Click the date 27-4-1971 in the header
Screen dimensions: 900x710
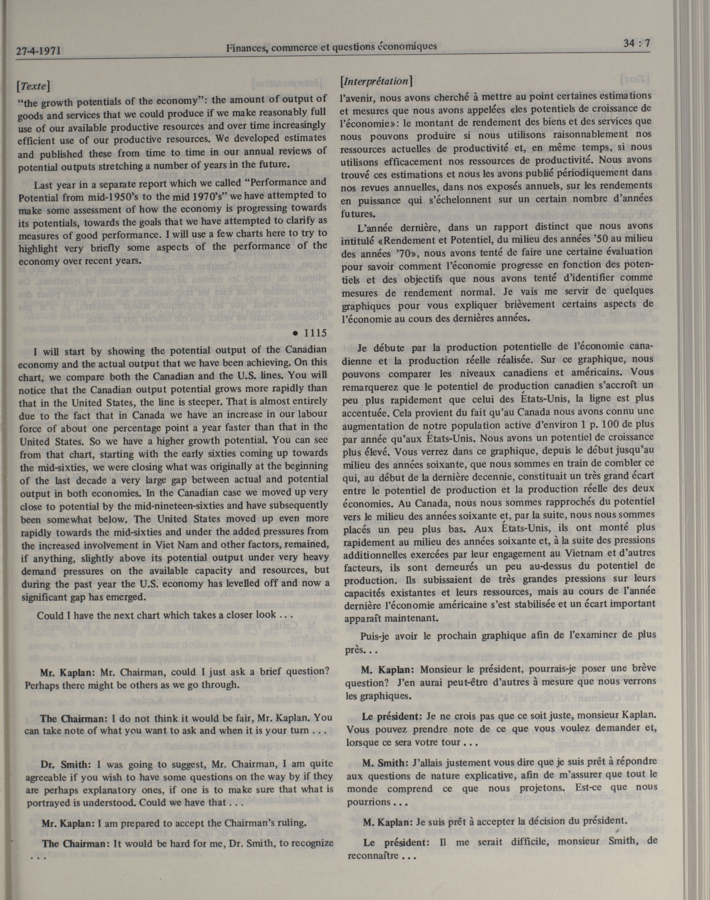click(x=39, y=52)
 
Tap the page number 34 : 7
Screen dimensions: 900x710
click(x=636, y=43)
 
